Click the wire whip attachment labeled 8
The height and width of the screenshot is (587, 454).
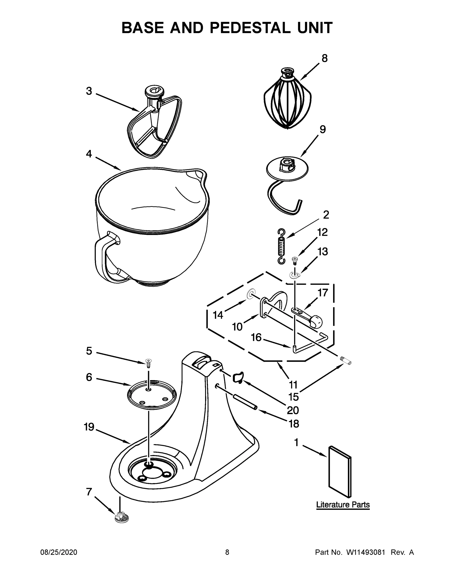287,102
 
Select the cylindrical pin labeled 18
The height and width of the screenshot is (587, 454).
245,402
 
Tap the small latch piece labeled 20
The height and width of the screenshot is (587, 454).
238,377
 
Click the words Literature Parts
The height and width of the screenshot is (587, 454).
343,505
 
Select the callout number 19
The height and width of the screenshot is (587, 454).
89,427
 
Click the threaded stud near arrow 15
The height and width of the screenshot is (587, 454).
346,361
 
